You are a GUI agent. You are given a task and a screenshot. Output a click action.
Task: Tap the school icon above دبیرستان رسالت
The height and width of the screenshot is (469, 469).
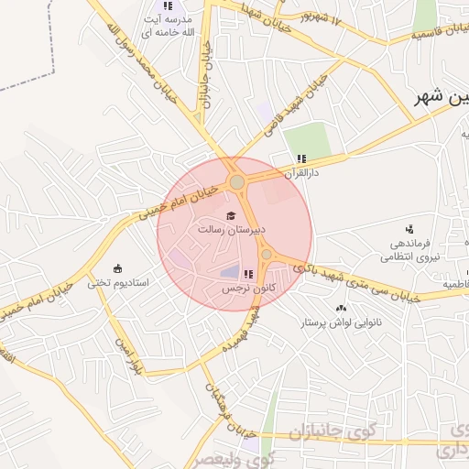pyautogui.click(x=229, y=215)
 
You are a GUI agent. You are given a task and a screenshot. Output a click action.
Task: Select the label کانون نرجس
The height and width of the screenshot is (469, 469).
pyautogui.click(x=234, y=289)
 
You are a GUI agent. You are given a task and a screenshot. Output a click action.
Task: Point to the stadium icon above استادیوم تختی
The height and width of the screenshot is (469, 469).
pyautogui.click(x=117, y=268)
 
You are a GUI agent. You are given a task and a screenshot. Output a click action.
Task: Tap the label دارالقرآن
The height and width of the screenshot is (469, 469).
pyautogui.click(x=300, y=171)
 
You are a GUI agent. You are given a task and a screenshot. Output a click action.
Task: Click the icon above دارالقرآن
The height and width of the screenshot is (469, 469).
pyautogui.click(x=301, y=158)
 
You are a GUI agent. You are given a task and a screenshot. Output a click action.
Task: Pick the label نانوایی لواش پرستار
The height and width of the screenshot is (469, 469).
pyautogui.click(x=344, y=323)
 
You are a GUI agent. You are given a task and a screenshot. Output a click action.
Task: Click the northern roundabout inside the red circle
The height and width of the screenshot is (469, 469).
pyautogui.click(x=237, y=183)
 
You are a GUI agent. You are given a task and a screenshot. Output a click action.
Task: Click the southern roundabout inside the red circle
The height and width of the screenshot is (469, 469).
pyautogui.click(x=267, y=255)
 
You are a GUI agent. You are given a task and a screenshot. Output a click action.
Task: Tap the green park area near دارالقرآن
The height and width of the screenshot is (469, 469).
pyautogui.click(x=306, y=139)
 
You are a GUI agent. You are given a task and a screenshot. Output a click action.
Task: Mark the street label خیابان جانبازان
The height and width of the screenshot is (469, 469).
pyautogui.click(x=204, y=76)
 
